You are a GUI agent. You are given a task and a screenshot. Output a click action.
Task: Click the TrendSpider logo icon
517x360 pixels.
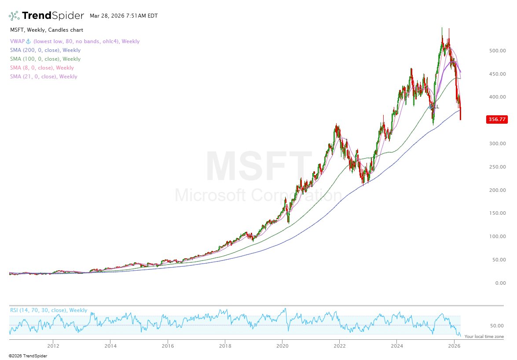[14, 16]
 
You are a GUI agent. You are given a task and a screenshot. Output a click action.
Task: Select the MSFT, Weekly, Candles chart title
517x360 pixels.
[46, 30]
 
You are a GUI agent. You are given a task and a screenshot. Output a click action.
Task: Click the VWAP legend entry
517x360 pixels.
[74, 41]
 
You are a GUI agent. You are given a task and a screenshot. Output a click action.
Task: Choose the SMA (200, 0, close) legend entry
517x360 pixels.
[45, 50]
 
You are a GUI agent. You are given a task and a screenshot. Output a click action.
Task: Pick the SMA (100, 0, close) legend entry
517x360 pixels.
[45, 59]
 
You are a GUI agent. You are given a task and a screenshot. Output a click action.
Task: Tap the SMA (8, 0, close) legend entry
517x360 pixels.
[42, 68]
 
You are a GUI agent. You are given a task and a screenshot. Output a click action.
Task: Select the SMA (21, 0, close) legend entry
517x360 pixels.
[44, 77]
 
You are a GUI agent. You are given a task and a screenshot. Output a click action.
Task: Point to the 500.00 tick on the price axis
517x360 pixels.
[497, 51]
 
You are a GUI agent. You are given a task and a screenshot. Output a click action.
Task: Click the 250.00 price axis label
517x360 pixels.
[497, 167]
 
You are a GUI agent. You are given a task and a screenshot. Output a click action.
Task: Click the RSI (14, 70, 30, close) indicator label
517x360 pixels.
[48, 310]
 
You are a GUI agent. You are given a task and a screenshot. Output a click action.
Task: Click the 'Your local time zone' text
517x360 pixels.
[484, 336]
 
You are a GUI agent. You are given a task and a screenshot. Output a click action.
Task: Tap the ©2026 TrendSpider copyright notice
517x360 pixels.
[28, 356]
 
